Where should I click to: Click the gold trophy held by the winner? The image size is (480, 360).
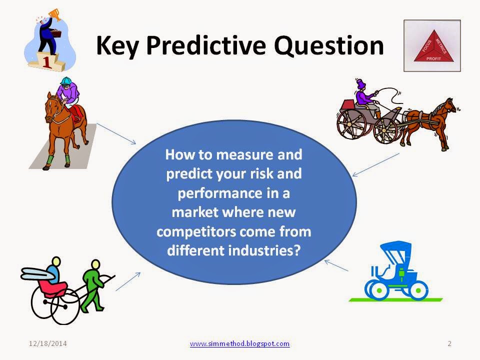pyautogui.click(x=54, y=14)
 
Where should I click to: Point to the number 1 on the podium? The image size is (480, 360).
pyautogui.click(x=46, y=62)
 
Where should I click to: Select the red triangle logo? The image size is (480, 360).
pyautogui.click(x=434, y=46)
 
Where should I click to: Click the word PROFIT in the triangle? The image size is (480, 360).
pyautogui.click(x=434, y=58)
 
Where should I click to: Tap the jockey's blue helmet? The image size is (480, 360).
pyautogui.click(x=66, y=81)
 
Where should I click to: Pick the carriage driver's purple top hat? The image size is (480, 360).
pyautogui.click(x=361, y=83)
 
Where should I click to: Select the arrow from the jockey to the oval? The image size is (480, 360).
pyautogui.click(x=116, y=134)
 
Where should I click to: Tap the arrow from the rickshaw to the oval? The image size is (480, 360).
pyautogui.click(x=128, y=281)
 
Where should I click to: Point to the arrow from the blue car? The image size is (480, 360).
pyautogui.click(x=336, y=265)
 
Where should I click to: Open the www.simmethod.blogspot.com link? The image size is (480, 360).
pyautogui.click(x=239, y=343)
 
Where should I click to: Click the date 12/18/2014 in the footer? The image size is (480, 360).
pyautogui.click(x=48, y=343)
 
